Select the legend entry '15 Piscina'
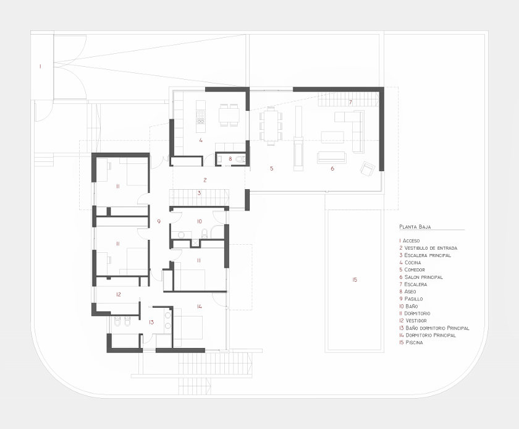click(411, 342)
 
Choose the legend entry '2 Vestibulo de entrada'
click(428, 248)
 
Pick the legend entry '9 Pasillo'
click(411, 299)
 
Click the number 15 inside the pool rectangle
click(355, 280)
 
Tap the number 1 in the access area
click(40, 65)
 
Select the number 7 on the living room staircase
click(350, 101)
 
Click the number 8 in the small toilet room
click(230, 159)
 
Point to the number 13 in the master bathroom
click(151, 322)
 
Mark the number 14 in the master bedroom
click(200, 306)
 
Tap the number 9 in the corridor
click(159, 221)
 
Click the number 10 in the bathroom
click(199, 221)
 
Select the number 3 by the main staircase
click(199, 193)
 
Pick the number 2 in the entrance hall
click(205, 180)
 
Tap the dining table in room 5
click(271, 126)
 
